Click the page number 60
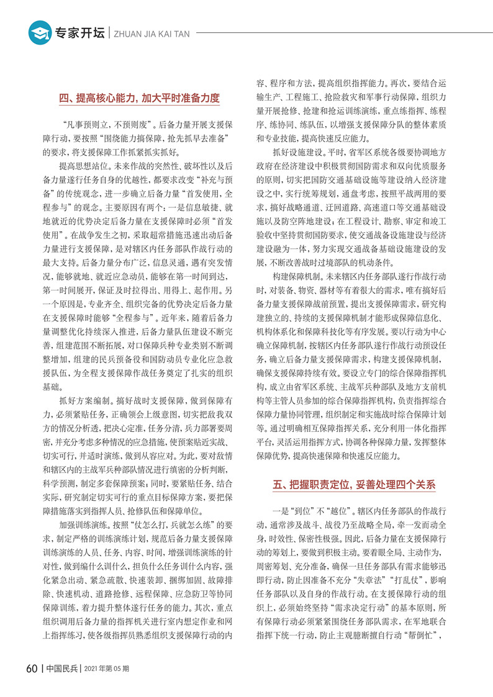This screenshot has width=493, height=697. click(x=32, y=668)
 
